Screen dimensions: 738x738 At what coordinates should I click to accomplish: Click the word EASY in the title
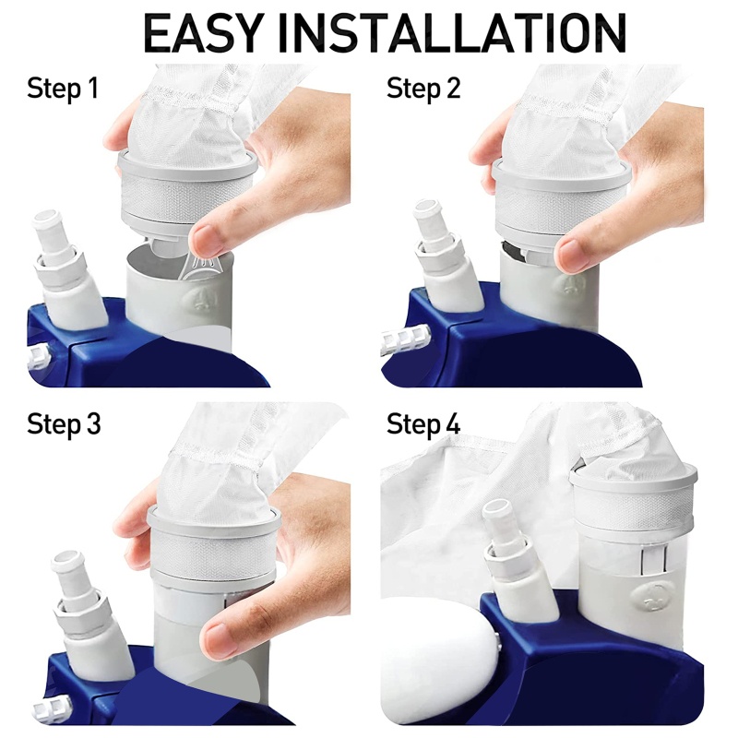point(202,33)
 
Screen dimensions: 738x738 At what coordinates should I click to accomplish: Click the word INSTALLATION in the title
point(452,33)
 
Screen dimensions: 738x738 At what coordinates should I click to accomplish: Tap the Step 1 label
point(63,89)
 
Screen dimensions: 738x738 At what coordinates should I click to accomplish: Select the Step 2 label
point(423,89)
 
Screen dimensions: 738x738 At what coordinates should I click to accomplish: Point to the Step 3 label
point(64,423)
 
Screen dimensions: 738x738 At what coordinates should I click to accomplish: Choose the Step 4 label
point(423,423)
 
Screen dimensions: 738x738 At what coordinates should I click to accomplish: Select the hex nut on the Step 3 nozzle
point(77,611)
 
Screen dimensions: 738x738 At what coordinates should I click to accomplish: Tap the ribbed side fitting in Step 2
point(406,338)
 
